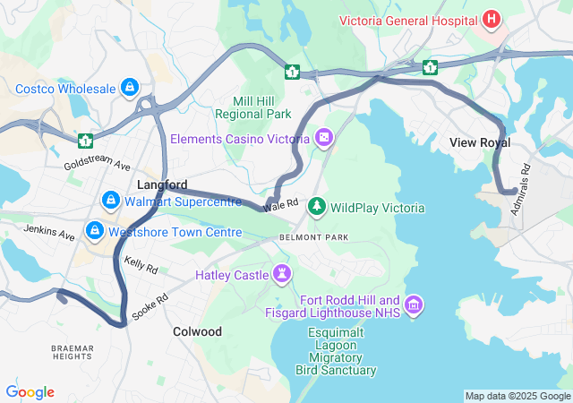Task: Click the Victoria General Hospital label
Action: pyautogui.click(x=408, y=18)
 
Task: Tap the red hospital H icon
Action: pyautogui.click(x=491, y=18)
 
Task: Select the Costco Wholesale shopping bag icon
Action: pyautogui.click(x=131, y=88)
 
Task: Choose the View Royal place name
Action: pyautogui.click(x=480, y=142)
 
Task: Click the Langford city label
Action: pyautogui.click(x=161, y=184)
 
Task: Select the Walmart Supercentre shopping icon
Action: pyautogui.click(x=111, y=199)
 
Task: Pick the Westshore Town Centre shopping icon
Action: pyautogui.click(x=94, y=232)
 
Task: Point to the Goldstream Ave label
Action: pyautogui.click(x=97, y=167)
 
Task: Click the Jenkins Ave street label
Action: pyautogui.click(x=50, y=234)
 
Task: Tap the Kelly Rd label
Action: pyautogui.click(x=141, y=265)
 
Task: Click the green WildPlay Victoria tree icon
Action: pyautogui.click(x=317, y=208)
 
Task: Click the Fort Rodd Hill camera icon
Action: pyautogui.click(x=413, y=306)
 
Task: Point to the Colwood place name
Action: pyautogui.click(x=197, y=331)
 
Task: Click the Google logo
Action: pyautogui.click(x=30, y=392)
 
